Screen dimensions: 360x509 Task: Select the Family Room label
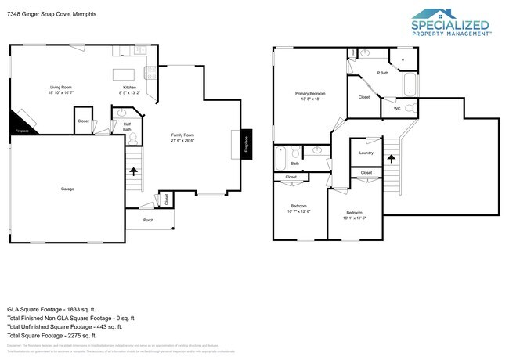click(x=182, y=135)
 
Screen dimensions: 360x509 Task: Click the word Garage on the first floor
click(x=68, y=189)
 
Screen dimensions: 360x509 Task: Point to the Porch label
click(x=149, y=221)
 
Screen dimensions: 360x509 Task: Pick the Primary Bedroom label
click(x=310, y=94)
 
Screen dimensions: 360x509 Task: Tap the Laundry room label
click(x=366, y=153)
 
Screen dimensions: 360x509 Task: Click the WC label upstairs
click(x=397, y=109)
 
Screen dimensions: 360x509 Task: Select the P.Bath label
click(x=383, y=74)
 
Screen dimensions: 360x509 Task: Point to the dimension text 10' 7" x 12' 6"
click(x=298, y=211)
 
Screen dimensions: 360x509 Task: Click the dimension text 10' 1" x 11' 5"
click(x=354, y=218)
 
